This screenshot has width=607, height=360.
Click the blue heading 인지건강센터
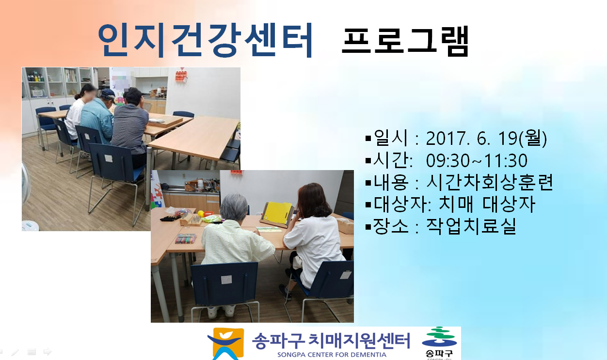205,40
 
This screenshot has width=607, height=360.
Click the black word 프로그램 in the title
405,41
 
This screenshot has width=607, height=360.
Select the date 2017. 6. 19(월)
486,138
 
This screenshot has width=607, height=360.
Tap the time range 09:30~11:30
477,160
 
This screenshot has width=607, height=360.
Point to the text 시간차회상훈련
489,182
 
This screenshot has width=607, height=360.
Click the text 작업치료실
471,226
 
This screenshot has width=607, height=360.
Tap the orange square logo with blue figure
226,343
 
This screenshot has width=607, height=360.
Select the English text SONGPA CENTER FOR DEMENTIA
332,355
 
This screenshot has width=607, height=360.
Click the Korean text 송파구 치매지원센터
331,341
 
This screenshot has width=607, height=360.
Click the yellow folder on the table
277,214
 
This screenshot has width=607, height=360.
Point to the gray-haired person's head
234,207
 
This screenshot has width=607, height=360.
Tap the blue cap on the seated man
108,94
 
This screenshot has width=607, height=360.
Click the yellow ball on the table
201,214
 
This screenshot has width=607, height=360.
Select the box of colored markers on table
185,239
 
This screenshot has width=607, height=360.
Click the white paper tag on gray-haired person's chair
226,280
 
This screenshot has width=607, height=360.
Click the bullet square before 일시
368,139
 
